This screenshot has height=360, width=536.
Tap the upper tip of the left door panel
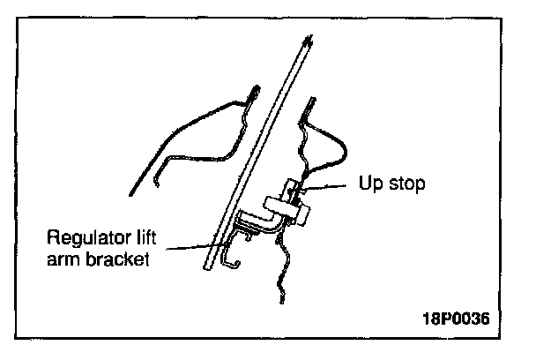[x=255, y=90]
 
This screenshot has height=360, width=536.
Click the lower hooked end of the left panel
[x=155, y=180]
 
